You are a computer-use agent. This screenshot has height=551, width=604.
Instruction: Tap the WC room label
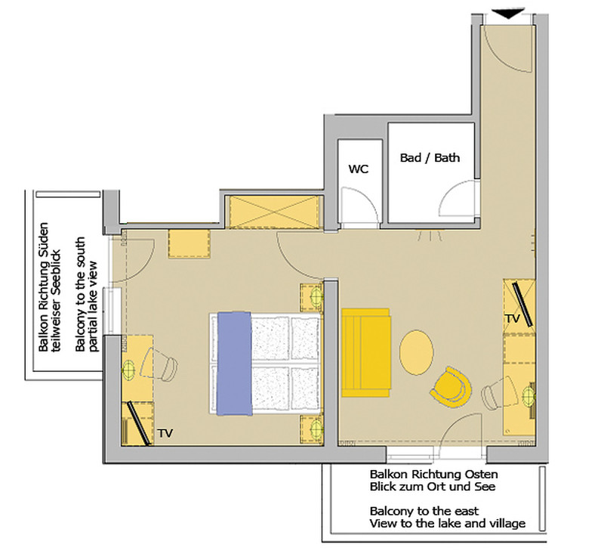[x=358, y=169]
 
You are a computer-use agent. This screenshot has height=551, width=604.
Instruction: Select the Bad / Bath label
[x=430, y=158]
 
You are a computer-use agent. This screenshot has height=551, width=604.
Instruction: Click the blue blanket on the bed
[x=233, y=364]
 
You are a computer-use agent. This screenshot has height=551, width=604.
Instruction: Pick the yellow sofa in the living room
[x=365, y=351]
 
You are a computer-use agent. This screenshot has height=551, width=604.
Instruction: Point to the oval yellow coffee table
[x=417, y=351]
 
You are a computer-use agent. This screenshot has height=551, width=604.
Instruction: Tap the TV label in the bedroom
[x=166, y=434]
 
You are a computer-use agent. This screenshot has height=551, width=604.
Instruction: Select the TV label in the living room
[x=513, y=319]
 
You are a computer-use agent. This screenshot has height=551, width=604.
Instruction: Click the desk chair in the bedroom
[x=164, y=367]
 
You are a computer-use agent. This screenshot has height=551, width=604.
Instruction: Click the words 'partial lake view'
[x=94, y=306]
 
